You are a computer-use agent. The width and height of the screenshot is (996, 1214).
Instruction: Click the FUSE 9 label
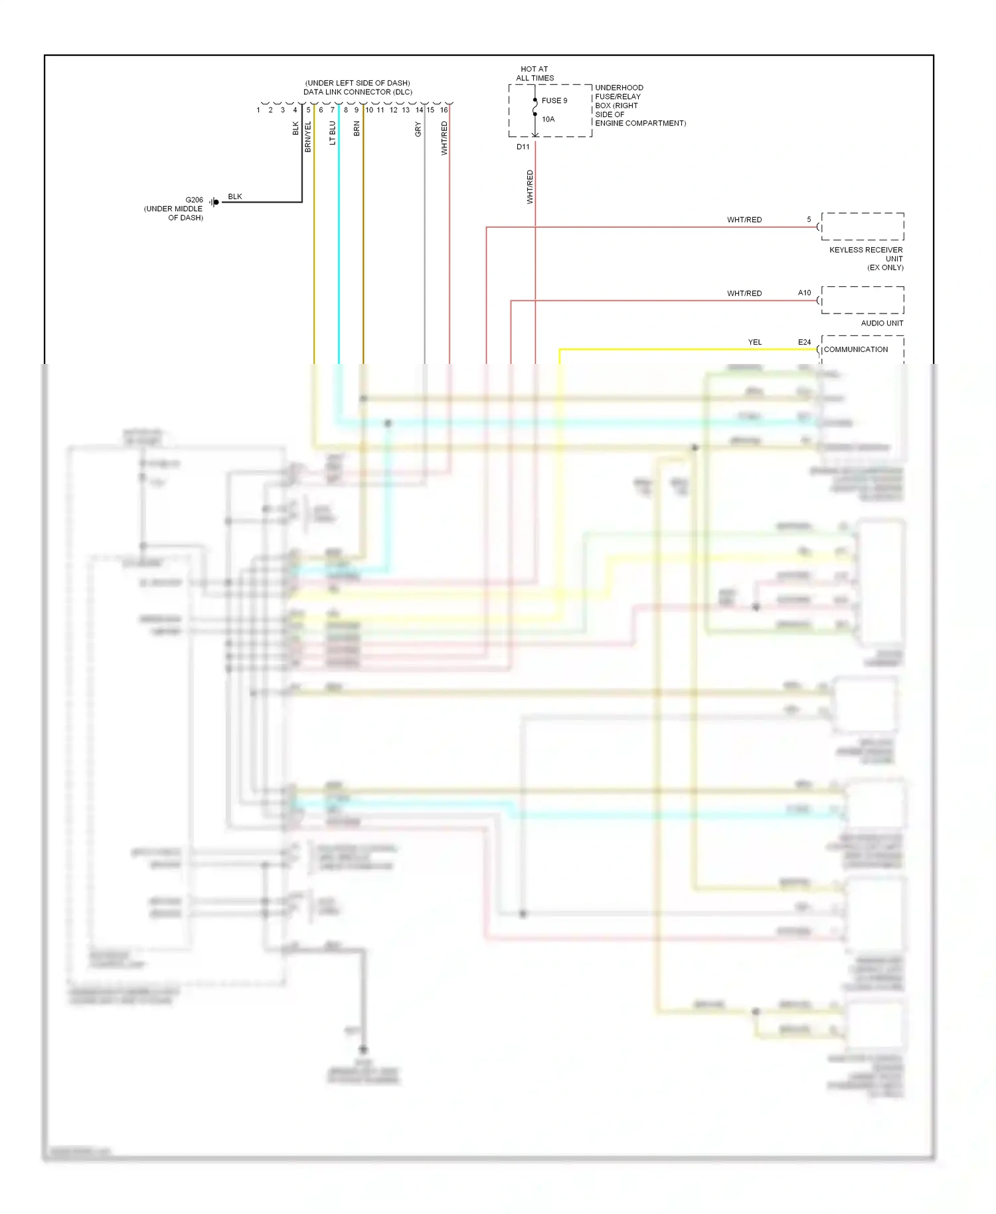click(554, 101)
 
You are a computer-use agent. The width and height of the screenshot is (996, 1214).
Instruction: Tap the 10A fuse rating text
click(548, 120)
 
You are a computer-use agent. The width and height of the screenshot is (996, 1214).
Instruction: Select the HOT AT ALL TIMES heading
click(535, 74)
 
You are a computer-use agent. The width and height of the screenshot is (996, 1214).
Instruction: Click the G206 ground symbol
click(214, 202)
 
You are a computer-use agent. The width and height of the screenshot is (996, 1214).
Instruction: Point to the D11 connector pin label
click(523, 147)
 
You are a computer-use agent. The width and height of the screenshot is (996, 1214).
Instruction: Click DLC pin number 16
click(444, 110)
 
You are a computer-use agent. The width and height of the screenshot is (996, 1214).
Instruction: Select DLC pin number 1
click(258, 110)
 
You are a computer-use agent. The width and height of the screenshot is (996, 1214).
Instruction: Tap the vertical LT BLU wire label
click(333, 133)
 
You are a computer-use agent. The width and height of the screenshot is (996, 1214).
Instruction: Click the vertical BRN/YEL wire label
click(308, 137)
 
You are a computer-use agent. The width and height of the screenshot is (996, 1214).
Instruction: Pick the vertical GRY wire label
click(418, 130)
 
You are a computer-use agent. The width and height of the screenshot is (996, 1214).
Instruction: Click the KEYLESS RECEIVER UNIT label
click(866, 258)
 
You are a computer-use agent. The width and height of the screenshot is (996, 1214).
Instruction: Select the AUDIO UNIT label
click(882, 323)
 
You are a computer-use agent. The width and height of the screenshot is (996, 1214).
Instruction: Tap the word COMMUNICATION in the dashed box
click(855, 349)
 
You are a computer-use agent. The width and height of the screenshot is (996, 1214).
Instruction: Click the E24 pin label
click(804, 342)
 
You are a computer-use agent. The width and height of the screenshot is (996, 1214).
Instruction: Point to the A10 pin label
click(804, 293)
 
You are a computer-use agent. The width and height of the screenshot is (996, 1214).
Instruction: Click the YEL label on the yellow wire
click(755, 342)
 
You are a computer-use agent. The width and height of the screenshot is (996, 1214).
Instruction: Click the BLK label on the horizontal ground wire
click(235, 197)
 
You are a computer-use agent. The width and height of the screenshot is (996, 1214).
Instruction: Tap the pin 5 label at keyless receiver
click(809, 219)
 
